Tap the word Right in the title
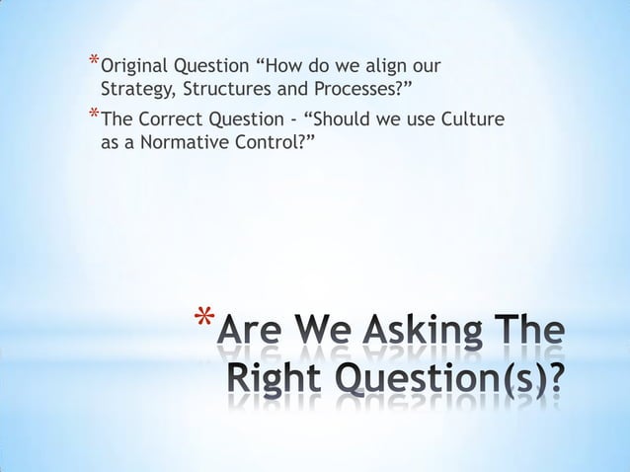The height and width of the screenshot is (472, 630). coord(274,379)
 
